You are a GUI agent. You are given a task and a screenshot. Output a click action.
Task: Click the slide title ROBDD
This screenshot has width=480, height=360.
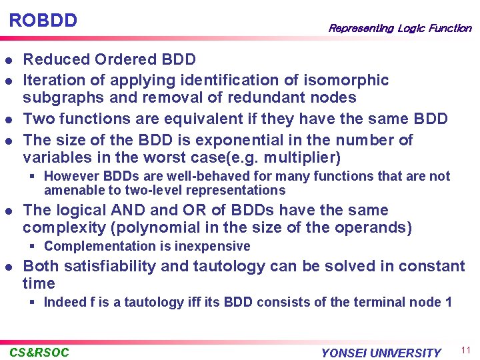coord(43,20)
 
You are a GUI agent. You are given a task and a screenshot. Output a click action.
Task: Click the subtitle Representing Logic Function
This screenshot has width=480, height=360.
coord(399,28)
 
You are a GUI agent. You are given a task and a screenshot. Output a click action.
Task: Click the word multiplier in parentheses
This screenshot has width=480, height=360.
coord(305,158)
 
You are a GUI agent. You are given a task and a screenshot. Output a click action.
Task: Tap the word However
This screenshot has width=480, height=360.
coord(71,177)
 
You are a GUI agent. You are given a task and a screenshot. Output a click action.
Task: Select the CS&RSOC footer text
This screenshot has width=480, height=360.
coord(39,352)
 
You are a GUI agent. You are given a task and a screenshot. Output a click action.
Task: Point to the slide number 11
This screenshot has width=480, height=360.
coord(465,350)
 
